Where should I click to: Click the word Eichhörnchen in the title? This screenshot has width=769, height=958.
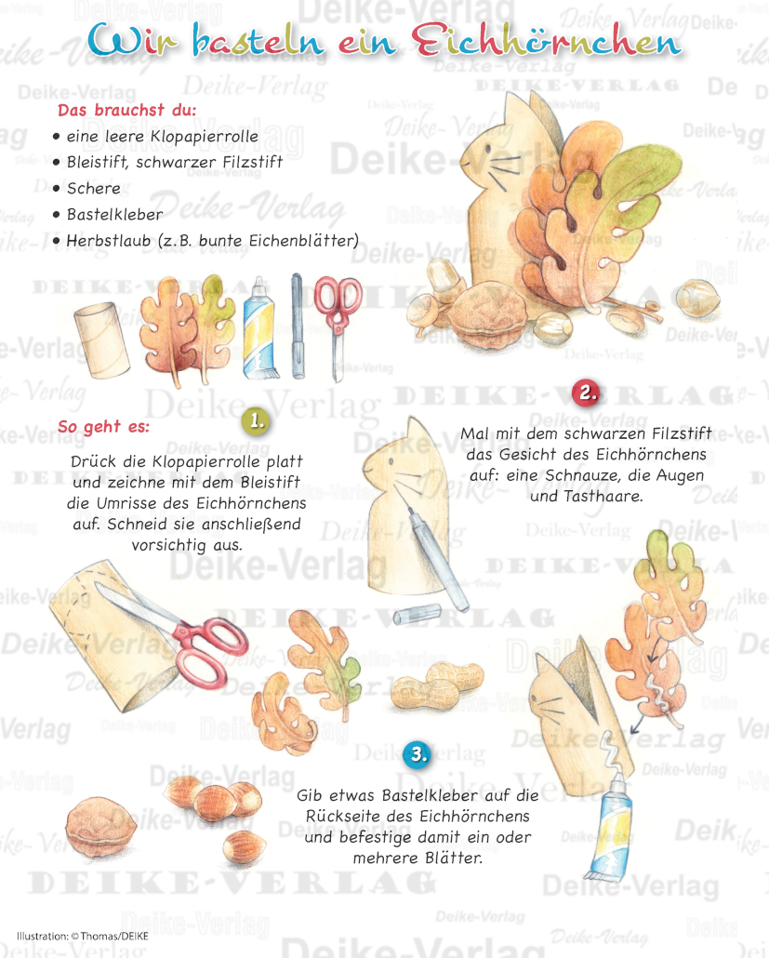[546, 42]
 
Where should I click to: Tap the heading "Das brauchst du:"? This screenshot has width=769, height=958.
[127, 110]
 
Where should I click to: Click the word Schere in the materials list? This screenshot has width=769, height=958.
[94, 188]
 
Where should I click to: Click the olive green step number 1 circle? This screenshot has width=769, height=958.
[257, 421]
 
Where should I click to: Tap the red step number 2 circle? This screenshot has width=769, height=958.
[587, 393]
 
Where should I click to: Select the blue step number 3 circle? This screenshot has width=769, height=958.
[418, 754]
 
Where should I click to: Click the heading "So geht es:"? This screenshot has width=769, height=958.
[104, 427]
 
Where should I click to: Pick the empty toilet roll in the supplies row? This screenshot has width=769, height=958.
[101, 339]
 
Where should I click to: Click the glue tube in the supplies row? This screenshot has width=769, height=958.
[259, 328]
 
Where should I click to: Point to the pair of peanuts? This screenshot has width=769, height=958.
[437, 682]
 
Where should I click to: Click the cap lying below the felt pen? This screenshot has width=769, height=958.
[418, 614]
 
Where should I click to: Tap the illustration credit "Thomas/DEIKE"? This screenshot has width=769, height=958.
[114, 936]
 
